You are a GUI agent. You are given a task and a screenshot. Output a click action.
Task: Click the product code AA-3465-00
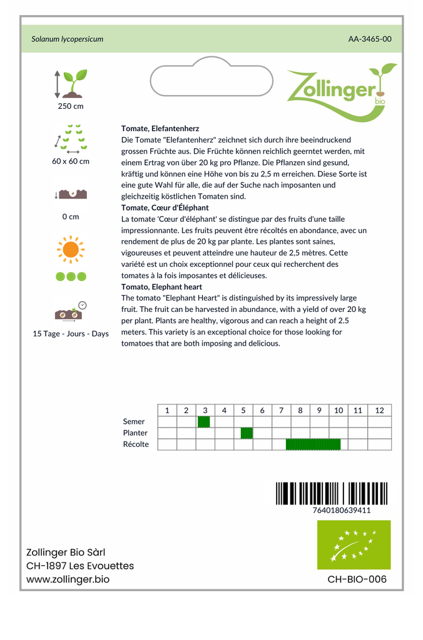point(370,39)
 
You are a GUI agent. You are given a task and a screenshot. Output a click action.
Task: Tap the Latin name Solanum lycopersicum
point(68,39)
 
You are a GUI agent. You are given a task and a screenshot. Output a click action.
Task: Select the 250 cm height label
point(71,106)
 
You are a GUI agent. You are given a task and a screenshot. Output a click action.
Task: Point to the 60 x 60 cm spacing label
point(71,161)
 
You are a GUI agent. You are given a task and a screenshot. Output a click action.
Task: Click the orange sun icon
point(71,249)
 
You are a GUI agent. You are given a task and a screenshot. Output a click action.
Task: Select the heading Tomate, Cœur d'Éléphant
point(165,207)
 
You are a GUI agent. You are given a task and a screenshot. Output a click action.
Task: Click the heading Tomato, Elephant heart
point(161,286)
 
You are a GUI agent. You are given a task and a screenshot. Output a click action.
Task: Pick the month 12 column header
point(379,410)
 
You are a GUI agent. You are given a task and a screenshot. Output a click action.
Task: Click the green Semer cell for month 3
point(204,422)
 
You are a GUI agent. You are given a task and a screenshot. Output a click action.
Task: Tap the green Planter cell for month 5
point(247,433)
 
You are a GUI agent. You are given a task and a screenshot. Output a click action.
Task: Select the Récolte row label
point(136,444)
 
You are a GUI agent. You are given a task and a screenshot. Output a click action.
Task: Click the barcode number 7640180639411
point(341,510)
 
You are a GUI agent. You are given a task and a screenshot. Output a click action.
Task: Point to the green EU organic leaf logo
point(354,544)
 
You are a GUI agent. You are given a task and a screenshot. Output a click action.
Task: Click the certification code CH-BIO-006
point(357,579)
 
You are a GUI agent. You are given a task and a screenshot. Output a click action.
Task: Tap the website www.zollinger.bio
point(68,579)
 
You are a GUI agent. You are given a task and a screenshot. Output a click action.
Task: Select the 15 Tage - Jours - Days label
point(71,334)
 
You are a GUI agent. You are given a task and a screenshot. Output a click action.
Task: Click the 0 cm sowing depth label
point(71,217)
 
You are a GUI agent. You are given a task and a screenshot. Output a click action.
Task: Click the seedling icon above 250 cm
point(71,84)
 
